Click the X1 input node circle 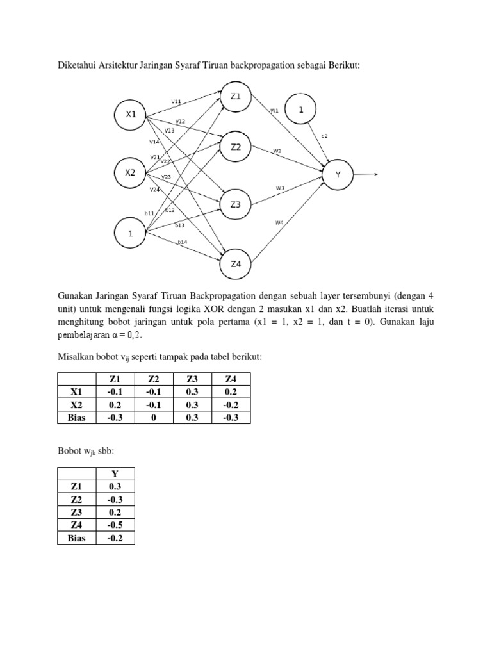131,115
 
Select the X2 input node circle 131,172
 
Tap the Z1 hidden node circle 236,97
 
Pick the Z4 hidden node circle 236,263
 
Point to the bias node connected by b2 300,110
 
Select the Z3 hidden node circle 236,205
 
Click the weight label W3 280,188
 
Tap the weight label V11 176,101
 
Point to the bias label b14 183,242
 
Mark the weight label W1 274,110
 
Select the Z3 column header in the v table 192,378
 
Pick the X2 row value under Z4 231,404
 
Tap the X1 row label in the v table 76,391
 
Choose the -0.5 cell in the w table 115,525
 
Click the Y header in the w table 115,473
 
